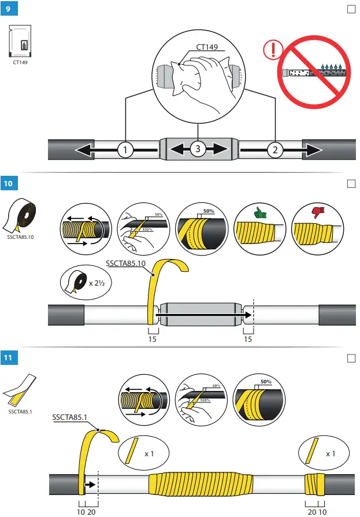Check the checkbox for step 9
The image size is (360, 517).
click(x=350, y=10)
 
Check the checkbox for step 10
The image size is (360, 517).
click(x=350, y=184)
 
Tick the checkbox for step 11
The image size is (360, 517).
click(x=350, y=358)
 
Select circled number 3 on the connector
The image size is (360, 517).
click(x=198, y=149)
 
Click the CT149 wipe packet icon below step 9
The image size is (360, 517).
click(x=22, y=42)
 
